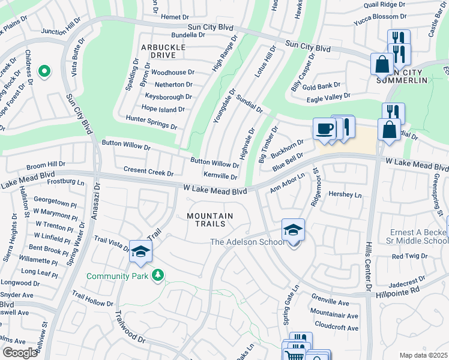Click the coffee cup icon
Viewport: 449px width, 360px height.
325,129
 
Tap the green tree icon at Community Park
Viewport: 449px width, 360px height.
158,275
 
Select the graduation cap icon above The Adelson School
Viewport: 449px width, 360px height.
293,230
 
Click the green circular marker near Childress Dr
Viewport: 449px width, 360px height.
44,72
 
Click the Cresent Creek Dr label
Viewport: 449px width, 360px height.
148,172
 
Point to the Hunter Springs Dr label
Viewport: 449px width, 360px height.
151,123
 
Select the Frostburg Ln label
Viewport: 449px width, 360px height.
64,181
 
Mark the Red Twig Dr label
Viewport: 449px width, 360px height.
408,256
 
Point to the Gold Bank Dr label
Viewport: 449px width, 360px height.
321,86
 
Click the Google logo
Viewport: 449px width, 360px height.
20,353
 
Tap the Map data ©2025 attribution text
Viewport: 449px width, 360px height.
423,355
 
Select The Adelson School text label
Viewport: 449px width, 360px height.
247,242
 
